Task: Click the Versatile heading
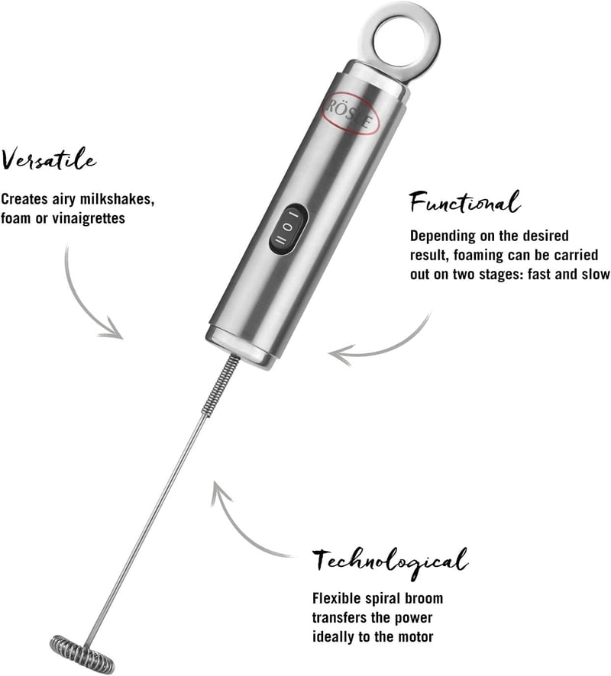[x=49, y=159]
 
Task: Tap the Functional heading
[x=465, y=202]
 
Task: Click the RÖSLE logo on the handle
[x=350, y=114]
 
